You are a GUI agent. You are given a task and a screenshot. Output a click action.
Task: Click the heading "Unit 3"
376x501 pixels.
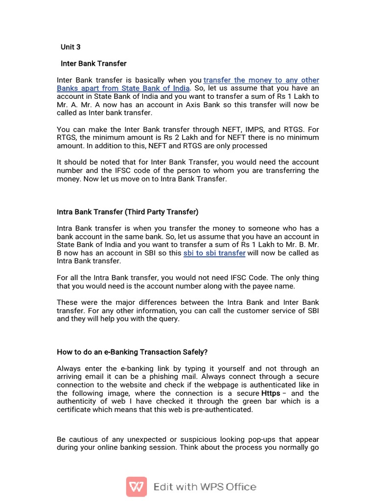(x=70, y=47)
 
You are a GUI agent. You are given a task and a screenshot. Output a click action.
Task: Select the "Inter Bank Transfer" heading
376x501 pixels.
(x=94, y=64)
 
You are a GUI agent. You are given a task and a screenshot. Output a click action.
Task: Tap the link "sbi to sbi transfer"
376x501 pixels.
(x=214, y=253)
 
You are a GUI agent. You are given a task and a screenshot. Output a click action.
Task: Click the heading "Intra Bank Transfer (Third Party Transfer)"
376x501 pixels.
(x=127, y=212)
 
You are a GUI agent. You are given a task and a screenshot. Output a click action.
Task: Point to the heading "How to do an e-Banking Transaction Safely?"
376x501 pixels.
(x=132, y=352)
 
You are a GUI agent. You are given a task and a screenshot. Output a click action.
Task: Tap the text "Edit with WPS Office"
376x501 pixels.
(x=205, y=487)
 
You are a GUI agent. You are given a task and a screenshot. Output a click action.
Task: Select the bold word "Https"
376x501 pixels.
(x=271, y=393)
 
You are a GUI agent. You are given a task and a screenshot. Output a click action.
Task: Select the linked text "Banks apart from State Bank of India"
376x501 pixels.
(x=123, y=88)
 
